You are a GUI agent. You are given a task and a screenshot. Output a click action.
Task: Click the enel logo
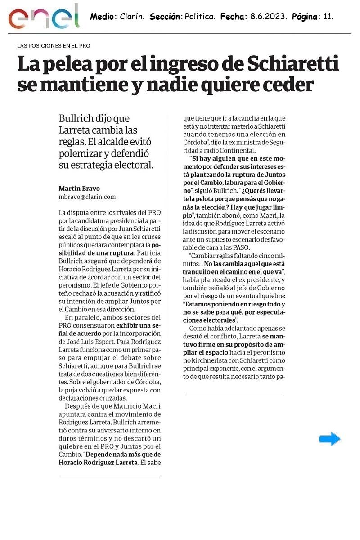(43, 17)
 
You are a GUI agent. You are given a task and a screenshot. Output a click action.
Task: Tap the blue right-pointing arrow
(330, 439)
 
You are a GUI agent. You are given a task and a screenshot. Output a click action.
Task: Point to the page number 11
(328, 17)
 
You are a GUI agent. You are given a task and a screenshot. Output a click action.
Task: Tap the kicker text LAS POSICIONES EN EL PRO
(54, 46)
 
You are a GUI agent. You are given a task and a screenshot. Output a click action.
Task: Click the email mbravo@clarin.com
(87, 197)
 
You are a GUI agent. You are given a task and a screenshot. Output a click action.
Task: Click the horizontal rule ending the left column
(109, 476)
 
